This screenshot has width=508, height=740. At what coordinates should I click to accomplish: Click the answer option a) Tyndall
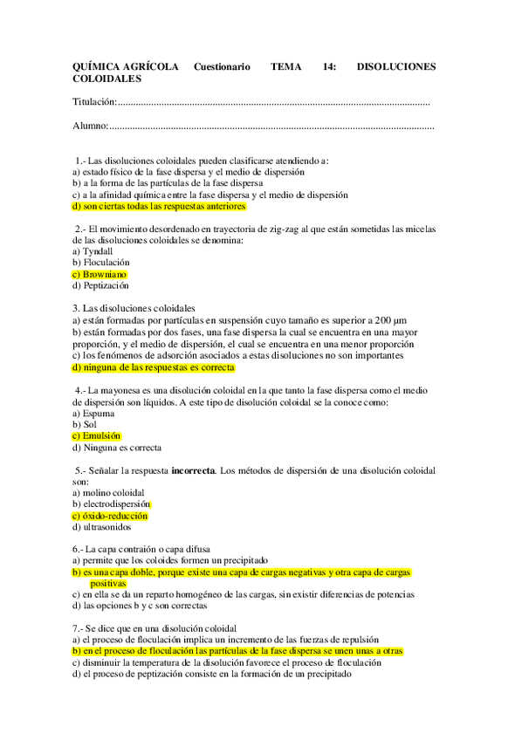(x=93, y=250)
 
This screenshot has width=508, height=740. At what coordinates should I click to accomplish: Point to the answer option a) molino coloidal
(x=109, y=493)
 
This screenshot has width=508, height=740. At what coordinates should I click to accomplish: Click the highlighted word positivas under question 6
(x=108, y=583)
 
